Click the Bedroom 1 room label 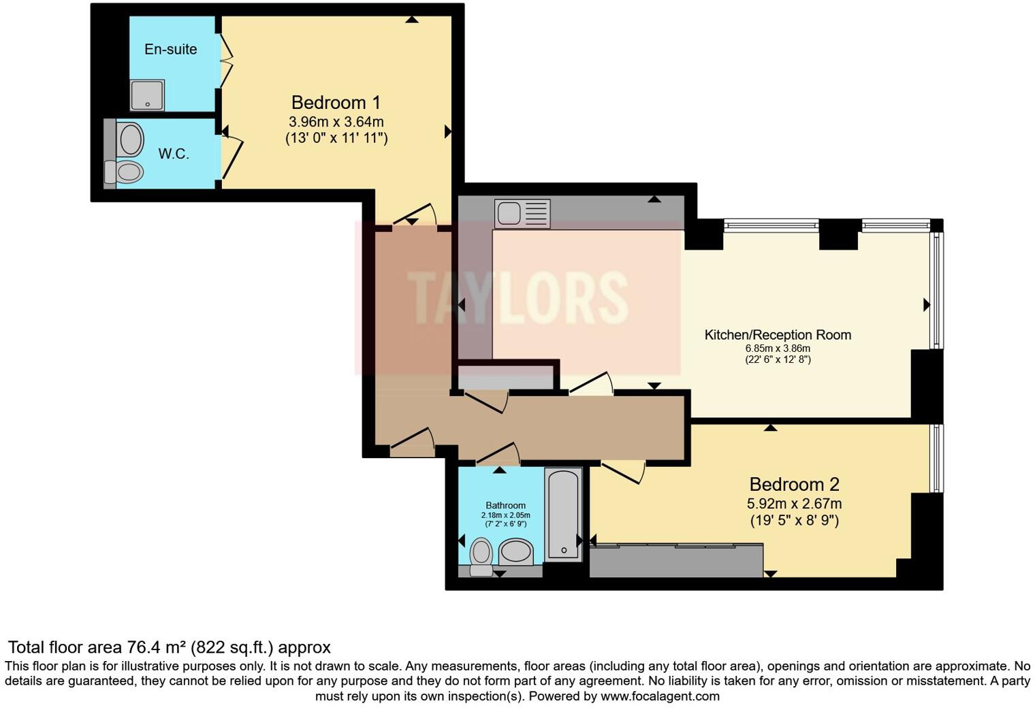pos(336,103)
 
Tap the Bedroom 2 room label pos(794,485)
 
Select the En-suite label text pos(170,49)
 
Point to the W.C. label pos(174,154)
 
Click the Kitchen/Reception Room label pos(778,335)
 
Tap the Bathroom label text pos(505,505)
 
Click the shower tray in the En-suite pos(147,95)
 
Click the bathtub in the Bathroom pos(563,514)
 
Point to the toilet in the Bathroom pos(481,555)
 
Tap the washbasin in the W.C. pos(131,140)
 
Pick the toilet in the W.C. pos(126,172)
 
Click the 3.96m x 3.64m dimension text pos(336,122)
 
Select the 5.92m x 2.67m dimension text pos(794,504)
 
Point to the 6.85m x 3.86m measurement pos(778,349)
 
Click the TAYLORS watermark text pos(517,297)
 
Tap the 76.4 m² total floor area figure pos(157,647)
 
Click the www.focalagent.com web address pos(660,696)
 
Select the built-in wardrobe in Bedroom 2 pos(675,560)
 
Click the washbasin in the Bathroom pos(516,551)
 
